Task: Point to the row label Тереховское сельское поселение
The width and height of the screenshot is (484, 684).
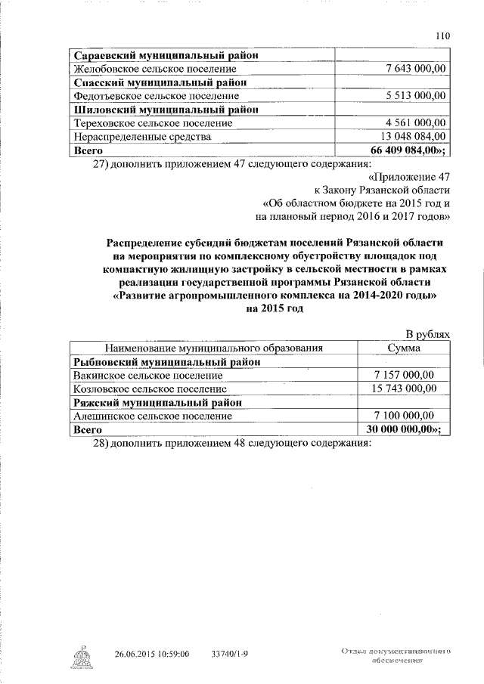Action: pos(151,123)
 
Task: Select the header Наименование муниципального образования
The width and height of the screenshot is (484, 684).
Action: pos(214,348)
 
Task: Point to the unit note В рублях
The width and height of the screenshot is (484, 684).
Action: pos(428,334)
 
